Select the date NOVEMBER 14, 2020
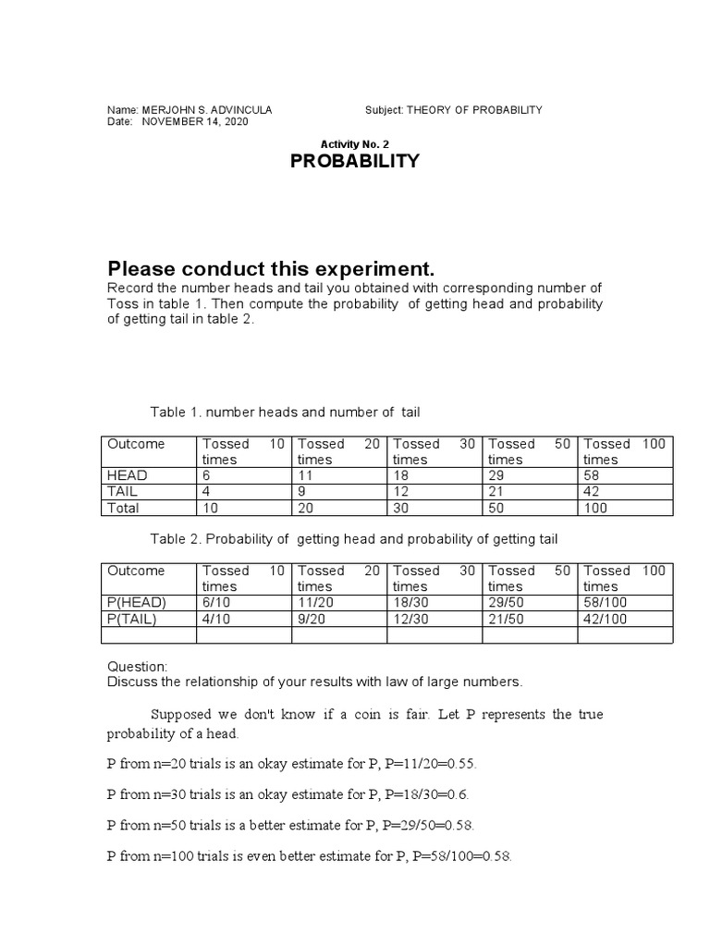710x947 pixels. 194,122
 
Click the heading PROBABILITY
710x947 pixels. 355,162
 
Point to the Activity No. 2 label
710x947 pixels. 355,144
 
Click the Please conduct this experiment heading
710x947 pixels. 270,269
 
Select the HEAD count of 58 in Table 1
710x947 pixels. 594,475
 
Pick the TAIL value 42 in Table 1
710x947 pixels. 594,492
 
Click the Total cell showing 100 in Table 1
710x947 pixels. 597,509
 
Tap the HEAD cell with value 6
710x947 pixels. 207,475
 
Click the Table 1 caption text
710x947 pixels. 285,412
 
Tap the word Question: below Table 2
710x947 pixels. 138,667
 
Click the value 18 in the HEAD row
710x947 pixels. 401,475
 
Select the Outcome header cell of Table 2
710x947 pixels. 136,571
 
